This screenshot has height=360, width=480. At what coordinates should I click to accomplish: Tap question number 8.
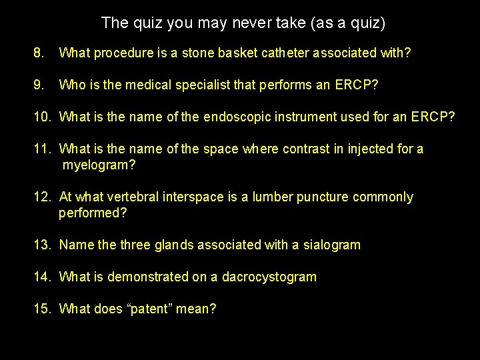pyautogui.click(x=39, y=53)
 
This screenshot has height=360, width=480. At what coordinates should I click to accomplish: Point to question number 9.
pyautogui.click(x=39, y=85)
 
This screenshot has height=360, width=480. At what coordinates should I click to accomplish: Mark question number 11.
pyautogui.click(x=43, y=149)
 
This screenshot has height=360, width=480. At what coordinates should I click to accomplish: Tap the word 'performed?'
pyautogui.click(x=93, y=213)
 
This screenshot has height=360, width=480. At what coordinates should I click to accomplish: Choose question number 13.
pyautogui.click(x=43, y=245)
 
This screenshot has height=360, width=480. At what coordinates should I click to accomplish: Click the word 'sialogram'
pyautogui.click(x=331, y=245)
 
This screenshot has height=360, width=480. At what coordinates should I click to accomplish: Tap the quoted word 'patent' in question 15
pyautogui.click(x=153, y=309)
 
